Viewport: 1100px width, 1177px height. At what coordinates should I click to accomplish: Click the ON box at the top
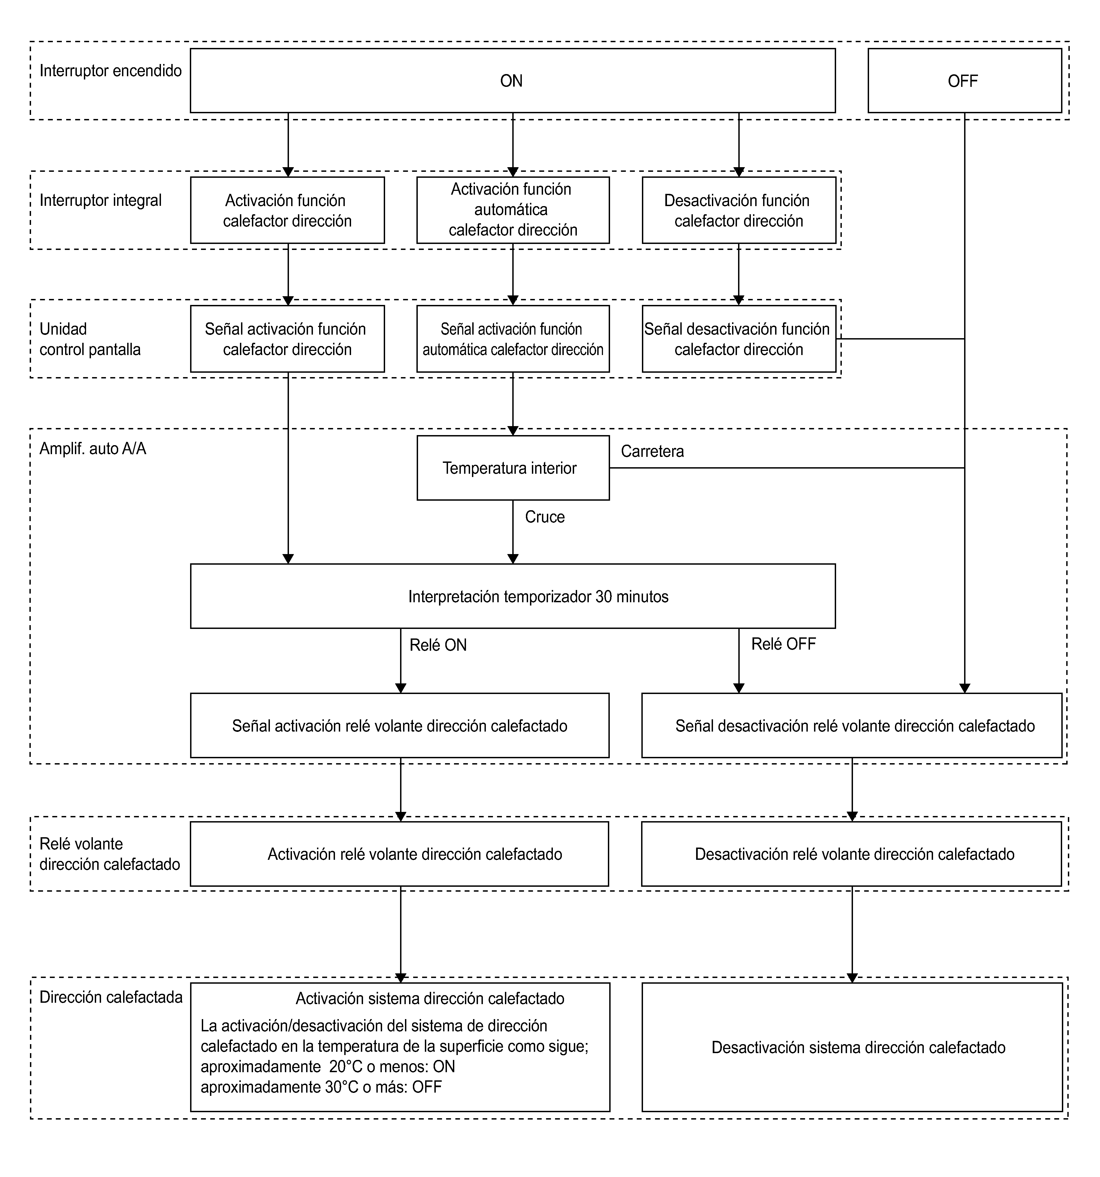coord(512,81)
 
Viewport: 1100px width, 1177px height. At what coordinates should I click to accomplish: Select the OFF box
coord(964,81)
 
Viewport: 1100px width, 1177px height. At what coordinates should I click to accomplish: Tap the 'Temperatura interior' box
coord(513,468)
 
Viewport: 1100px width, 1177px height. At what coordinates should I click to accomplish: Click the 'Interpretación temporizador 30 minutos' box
coord(512,596)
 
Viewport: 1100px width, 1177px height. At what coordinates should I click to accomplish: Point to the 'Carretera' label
coord(652,451)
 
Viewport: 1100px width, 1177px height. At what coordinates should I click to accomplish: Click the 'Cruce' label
coord(545,517)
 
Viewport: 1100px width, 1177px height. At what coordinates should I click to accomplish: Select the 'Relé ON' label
coord(438,645)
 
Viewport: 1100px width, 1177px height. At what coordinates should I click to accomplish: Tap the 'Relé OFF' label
coord(783,644)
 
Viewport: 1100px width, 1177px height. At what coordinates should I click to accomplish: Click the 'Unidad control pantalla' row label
coord(90,339)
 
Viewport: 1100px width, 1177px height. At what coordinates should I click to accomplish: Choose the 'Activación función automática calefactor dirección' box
coord(513,210)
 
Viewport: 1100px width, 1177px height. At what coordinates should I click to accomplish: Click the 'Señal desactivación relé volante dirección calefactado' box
coord(852,725)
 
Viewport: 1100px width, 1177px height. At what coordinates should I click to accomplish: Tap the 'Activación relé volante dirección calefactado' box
coord(399,854)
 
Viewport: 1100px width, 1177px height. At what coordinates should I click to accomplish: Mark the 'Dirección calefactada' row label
coord(111,997)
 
